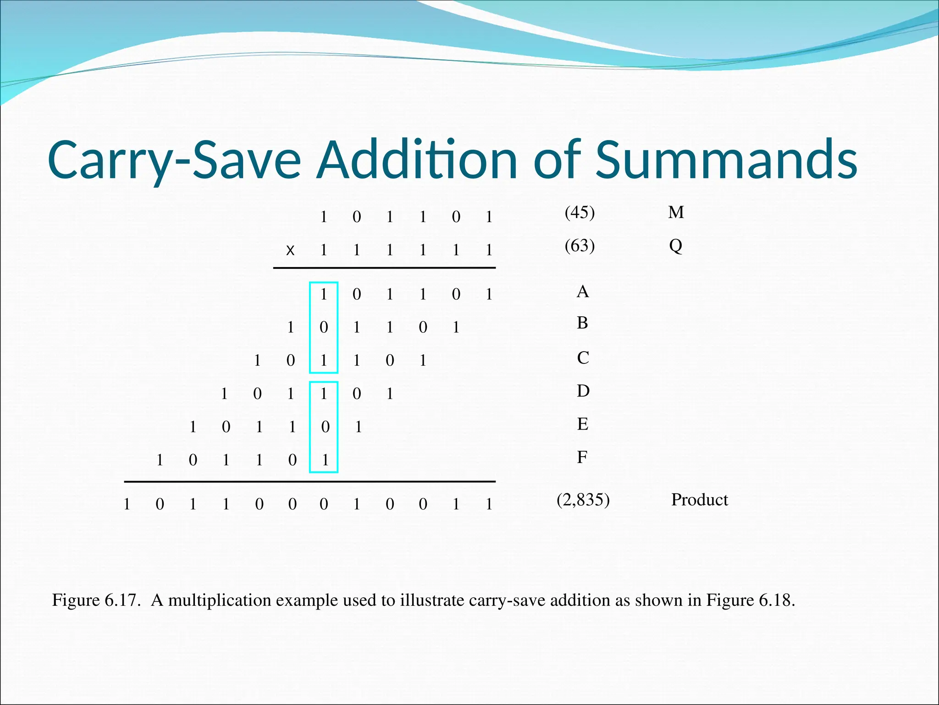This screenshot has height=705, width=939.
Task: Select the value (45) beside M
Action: tap(580, 212)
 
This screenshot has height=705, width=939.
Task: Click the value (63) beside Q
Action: tap(580, 246)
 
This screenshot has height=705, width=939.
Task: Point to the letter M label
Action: tap(676, 212)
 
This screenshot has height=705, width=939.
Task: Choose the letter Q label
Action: tap(675, 246)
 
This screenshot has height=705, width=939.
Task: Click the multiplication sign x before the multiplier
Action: tap(290, 250)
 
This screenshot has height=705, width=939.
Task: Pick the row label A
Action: tap(582, 291)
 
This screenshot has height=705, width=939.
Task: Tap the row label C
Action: tap(583, 358)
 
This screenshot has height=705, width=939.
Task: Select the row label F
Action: tap(582, 457)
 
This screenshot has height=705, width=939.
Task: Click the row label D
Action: tap(583, 391)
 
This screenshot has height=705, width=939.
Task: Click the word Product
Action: tap(699, 499)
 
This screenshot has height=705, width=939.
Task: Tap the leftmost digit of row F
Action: tap(160, 460)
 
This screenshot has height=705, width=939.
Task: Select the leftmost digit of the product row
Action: tap(127, 504)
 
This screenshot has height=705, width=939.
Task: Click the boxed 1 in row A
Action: tap(324, 294)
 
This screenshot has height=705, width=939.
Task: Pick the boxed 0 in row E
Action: tap(325, 427)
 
